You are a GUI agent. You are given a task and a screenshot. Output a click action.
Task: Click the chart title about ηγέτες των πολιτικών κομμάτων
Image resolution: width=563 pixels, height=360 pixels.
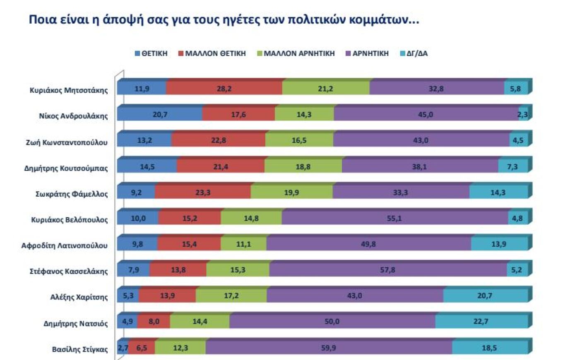[224, 20]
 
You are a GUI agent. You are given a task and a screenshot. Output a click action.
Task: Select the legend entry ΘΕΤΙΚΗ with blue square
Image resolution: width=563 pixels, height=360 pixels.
[151, 53]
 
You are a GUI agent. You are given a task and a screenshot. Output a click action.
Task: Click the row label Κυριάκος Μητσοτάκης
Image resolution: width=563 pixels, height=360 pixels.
[69, 90]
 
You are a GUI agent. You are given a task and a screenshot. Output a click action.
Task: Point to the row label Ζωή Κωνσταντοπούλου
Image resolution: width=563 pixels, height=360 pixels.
[67, 142]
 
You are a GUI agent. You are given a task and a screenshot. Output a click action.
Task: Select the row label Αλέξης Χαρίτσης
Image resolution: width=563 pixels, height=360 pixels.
[79, 297]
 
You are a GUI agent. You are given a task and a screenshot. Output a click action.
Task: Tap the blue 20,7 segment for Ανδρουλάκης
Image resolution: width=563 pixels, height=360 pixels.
[160, 114]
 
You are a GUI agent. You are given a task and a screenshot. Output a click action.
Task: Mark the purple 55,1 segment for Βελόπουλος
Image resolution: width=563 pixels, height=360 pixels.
[395, 218]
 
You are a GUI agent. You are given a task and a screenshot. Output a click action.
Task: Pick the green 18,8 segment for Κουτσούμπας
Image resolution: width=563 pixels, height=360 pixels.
[303, 166]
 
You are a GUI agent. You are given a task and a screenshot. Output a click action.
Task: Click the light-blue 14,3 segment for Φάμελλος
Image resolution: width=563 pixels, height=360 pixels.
[498, 192]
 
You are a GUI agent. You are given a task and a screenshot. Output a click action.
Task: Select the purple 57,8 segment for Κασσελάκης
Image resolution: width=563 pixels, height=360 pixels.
[388, 270]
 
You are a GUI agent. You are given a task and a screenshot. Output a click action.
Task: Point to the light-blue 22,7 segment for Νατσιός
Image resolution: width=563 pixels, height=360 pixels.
[481, 322]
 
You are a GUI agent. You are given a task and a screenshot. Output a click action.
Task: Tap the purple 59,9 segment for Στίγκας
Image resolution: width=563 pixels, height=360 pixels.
[328, 348]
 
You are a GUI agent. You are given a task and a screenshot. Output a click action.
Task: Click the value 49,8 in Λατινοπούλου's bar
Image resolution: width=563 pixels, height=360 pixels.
[368, 244]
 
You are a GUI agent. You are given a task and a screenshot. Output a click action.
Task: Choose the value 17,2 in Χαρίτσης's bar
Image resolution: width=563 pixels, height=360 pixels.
[231, 296]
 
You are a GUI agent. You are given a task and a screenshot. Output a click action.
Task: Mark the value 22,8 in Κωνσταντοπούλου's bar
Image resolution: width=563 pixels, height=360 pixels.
[218, 140]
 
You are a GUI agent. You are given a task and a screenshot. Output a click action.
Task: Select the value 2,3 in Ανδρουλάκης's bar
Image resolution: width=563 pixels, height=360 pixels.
[523, 115]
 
